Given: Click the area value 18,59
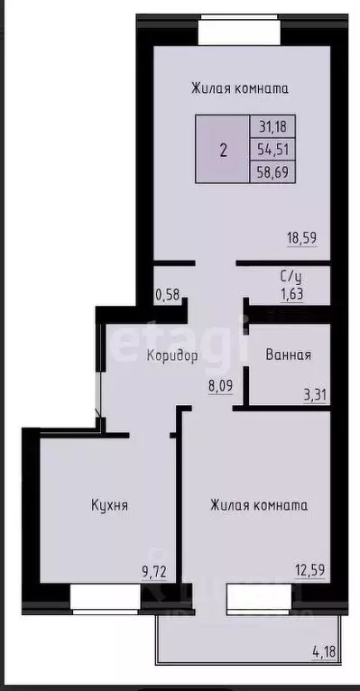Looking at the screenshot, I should (302, 239).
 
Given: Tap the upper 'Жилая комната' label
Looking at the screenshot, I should (239, 88).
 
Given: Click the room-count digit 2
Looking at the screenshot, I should (223, 149).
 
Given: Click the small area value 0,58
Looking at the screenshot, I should (167, 294).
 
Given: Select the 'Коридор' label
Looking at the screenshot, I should (171, 355).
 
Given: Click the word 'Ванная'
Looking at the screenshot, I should (289, 355).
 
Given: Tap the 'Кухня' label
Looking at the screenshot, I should (109, 505).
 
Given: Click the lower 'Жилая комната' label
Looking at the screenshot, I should (259, 505).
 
